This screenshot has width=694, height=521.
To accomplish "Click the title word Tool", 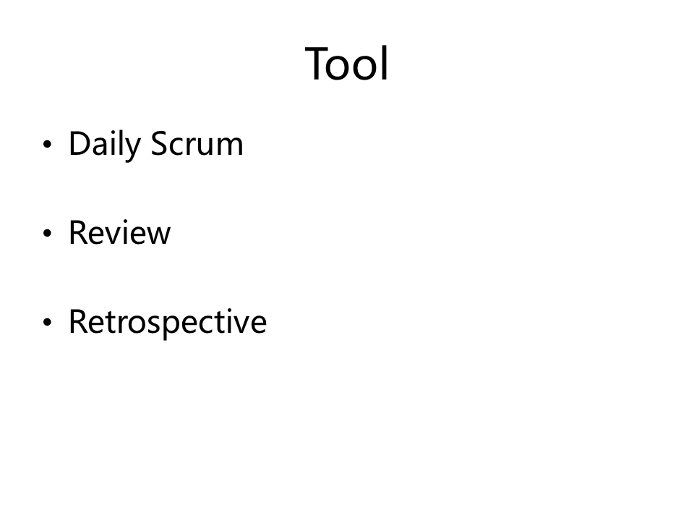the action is coord(346,64).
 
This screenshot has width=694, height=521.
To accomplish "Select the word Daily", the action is coord(105,144).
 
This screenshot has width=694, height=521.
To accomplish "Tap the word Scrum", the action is coord(197,143).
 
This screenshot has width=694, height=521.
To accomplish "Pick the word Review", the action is coord(119,232).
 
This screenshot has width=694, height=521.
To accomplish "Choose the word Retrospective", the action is coord(168,323).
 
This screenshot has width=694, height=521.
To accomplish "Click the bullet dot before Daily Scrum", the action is coord(48,144).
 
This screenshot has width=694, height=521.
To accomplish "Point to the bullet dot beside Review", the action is coord(48,233).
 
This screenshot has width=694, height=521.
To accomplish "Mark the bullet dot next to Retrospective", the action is coord(48,322).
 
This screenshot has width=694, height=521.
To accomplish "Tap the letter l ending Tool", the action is coord(385,63).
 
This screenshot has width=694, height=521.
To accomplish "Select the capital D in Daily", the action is coord(80,143).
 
